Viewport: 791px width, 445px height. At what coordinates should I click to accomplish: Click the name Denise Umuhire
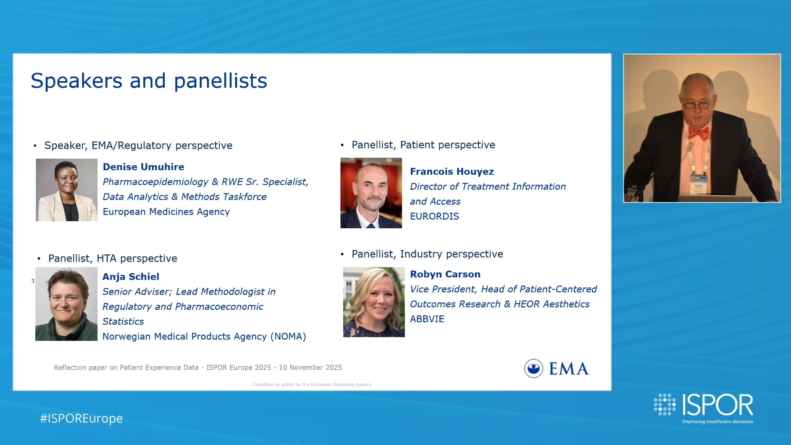coord(143,167)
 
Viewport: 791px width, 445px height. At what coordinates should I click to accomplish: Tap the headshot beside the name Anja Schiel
coord(66,304)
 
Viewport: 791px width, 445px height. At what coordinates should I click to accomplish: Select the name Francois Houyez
coord(452,171)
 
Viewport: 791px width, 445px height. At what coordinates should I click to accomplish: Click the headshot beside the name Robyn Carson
coord(374,302)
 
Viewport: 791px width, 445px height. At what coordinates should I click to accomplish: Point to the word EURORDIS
coord(434,216)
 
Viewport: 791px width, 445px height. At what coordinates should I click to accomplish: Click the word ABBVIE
coord(427,319)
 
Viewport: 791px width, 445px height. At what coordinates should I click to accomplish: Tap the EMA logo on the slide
coord(557,368)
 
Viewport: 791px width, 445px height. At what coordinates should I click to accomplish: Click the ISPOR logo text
coord(718,405)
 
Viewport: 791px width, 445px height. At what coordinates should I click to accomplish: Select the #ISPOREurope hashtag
coord(81,418)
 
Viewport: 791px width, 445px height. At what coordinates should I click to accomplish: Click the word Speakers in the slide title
coord(77,81)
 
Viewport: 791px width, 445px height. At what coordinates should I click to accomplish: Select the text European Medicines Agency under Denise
coord(166,212)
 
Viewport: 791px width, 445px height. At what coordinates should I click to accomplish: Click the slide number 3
coord(33,281)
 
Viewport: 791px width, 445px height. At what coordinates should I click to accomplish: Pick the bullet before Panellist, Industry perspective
coord(342,254)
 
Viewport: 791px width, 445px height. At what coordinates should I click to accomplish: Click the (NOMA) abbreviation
coord(288,337)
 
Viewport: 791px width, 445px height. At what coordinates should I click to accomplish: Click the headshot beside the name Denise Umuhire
coord(67,190)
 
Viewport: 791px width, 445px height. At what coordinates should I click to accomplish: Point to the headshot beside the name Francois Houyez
coord(371,193)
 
